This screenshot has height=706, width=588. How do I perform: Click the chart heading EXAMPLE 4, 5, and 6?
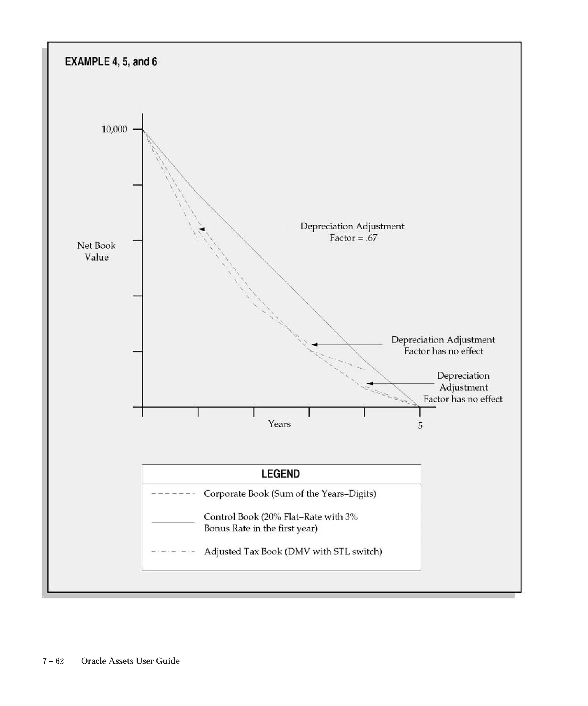click(x=111, y=62)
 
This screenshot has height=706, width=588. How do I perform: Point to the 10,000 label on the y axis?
click(x=114, y=129)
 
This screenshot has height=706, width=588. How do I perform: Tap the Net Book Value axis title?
click(x=96, y=251)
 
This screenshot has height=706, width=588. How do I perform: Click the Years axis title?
click(x=279, y=424)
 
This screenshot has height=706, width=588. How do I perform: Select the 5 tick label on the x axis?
click(x=420, y=426)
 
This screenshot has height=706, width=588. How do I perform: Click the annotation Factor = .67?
click(x=353, y=238)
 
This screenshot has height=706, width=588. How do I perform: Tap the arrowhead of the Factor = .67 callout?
click(x=201, y=229)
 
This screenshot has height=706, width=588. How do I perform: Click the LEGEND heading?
click(x=281, y=474)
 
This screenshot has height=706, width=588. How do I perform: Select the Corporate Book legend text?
click(x=290, y=493)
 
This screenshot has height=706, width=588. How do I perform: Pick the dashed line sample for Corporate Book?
click(x=173, y=494)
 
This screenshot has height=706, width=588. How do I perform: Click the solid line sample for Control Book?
click(x=173, y=522)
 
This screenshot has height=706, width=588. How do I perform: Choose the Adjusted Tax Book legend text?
click(x=293, y=552)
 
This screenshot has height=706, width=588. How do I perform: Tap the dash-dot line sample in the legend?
click(x=173, y=552)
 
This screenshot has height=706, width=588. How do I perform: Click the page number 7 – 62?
click(x=53, y=661)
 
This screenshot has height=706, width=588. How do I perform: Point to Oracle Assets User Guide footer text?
click(x=130, y=661)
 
